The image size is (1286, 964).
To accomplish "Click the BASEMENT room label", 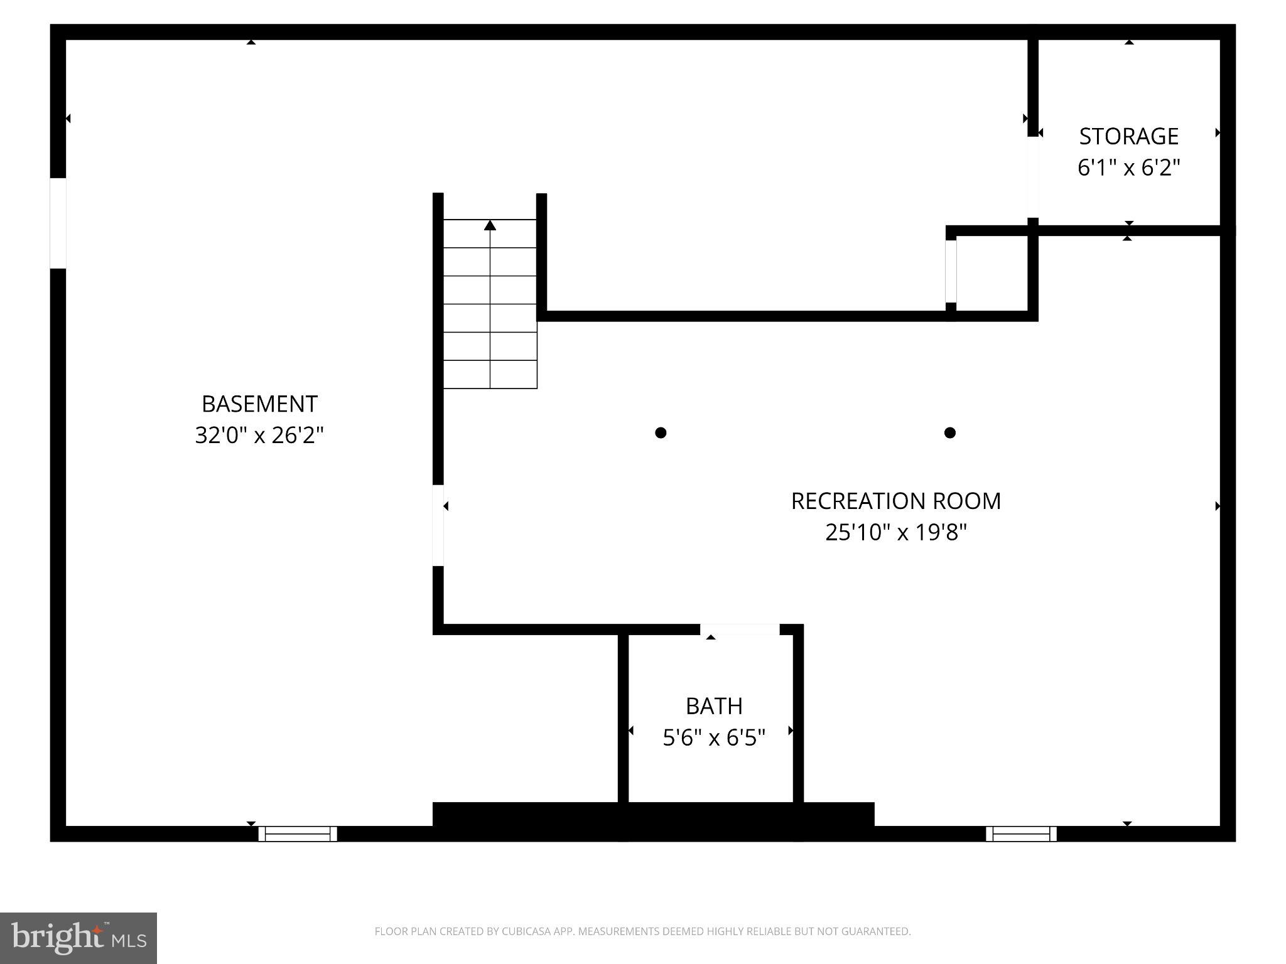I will click(259, 404).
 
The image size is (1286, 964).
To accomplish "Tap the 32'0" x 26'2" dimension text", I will click(259, 435).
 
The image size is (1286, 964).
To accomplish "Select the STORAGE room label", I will click(1128, 136).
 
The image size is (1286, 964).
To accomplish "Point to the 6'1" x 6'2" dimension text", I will click(1128, 168).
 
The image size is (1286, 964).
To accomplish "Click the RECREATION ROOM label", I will click(895, 501).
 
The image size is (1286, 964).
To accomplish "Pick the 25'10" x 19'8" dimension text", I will click(895, 532).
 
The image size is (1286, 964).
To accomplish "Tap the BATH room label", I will click(714, 706).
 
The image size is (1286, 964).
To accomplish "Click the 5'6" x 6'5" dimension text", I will click(714, 737).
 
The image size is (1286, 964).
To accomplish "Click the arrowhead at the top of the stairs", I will click(490, 225).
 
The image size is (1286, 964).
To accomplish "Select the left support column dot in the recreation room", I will click(660, 432).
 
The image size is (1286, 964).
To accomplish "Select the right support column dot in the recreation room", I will click(949, 432).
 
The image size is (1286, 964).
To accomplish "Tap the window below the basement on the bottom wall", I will click(298, 833).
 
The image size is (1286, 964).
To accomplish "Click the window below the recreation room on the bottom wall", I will click(1021, 833).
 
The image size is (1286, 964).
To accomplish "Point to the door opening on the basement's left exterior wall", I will click(58, 223).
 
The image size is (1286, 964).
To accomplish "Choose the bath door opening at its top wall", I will click(740, 629).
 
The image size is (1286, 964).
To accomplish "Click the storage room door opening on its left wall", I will click(1032, 177).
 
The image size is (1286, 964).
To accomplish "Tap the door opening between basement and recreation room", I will click(438, 525).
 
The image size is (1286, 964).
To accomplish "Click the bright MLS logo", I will click(78, 938).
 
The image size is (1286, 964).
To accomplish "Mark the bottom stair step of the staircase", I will click(490, 374).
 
